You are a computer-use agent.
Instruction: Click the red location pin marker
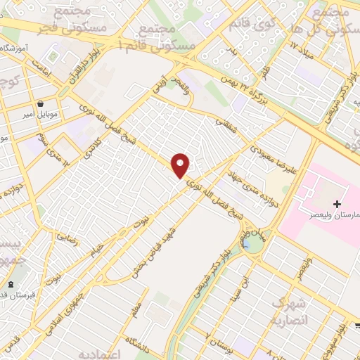coord(181,165)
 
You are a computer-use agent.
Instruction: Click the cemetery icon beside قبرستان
coord(10,285)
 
